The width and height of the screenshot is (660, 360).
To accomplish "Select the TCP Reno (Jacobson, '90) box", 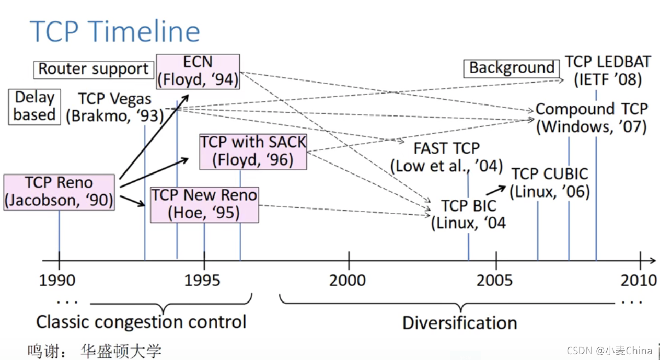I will click(x=59, y=192).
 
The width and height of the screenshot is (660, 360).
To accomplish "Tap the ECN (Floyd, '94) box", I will click(x=198, y=71).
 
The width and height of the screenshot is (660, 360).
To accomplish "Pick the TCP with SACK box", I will click(x=253, y=151).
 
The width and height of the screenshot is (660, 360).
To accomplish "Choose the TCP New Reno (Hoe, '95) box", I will click(x=204, y=204).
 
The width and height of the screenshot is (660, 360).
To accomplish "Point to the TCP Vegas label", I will click(x=114, y=107).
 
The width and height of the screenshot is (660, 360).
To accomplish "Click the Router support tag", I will click(x=94, y=69).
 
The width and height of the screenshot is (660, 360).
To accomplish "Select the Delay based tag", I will click(x=34, y=106).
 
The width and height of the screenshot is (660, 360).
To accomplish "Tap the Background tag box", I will click(x=511, y=68).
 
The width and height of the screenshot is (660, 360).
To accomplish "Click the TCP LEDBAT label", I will click(x=608, y=71).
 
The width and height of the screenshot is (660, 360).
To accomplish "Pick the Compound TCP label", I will click(x=592, y=118).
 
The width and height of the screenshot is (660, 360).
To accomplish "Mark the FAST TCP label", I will click(x=446, y=157).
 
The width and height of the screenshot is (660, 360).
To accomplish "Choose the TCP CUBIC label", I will click(x=550, y=182).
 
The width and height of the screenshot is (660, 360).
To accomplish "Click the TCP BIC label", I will click(x=468, y=214).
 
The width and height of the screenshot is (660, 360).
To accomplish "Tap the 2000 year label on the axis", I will click(x=348, y=281).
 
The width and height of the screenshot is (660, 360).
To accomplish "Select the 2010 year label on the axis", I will click(x=639, y=281).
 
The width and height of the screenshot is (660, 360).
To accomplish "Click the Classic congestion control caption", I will click(x=141, y=321).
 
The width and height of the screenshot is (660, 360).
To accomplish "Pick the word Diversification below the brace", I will click(x=459, y=322).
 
